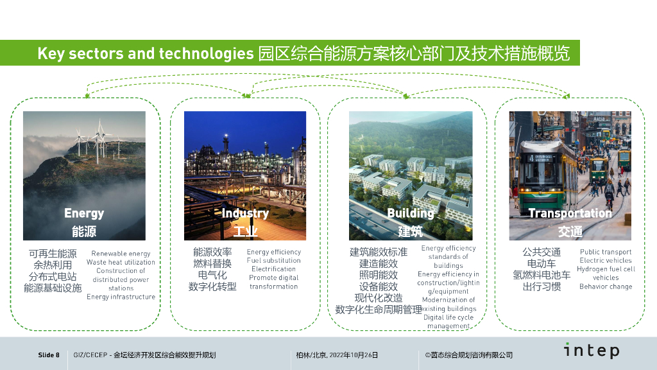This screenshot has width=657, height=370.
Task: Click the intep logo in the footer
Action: tap(592, 351)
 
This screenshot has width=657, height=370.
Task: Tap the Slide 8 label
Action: tap(49, 355)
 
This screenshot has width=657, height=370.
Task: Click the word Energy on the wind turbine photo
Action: tap(84, 213)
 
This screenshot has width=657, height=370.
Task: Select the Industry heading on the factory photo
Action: tap(245, 213)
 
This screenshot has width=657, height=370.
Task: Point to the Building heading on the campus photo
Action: tap(411, 213)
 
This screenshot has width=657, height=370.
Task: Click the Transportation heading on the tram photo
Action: tap(570, 213)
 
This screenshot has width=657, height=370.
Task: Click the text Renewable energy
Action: tap(121, 254)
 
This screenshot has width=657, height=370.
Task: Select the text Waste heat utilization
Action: tap(121, 262)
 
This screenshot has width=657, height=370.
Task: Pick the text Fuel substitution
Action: tap(273, 261)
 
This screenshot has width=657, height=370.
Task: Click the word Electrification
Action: tap(273, 269)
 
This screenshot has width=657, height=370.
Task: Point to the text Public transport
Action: tap(606, 252)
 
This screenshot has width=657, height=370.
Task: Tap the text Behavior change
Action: tap(606, 286)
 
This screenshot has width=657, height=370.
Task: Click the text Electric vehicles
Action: tap(606, 261)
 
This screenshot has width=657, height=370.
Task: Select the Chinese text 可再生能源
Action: tap(53, 254)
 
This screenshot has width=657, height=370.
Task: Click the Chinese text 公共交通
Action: tap(542, 252)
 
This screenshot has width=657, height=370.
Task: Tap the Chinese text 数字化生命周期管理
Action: tap(379, 310)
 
